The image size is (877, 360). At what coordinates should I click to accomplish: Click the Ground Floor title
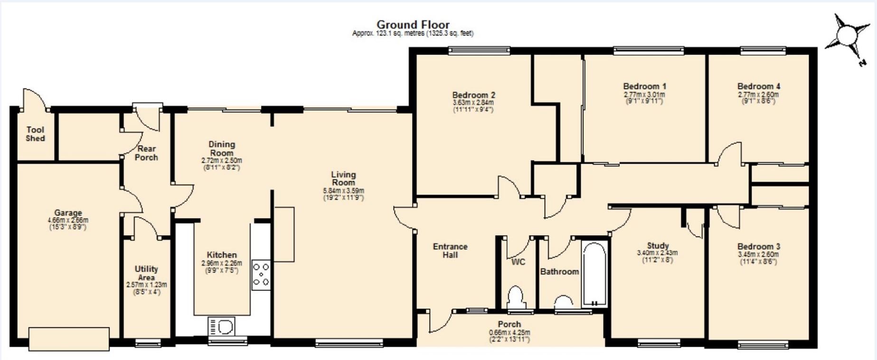coord(413,24)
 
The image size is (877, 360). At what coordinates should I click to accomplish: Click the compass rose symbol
coord(848,36)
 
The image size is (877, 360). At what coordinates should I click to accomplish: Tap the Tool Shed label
coord(35,134)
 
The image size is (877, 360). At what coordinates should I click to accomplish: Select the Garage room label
coord(68,213)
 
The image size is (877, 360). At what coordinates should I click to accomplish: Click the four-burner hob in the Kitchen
coord(261,275)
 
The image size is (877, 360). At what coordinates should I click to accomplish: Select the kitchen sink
coord(222,326)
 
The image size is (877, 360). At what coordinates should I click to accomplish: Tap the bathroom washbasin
coord(564,302)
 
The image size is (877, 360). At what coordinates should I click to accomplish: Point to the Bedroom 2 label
coord(473,95)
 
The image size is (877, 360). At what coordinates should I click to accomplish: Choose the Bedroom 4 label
coord(758,86)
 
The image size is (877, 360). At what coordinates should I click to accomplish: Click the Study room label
coord(658,246)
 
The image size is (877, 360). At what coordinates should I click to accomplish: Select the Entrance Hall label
coord(450,250)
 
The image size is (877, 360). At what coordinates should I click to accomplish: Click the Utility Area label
coord(146,273)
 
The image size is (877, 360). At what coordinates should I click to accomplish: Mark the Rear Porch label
coord(146,153)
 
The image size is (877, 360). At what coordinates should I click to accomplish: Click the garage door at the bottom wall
coord(69,338)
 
